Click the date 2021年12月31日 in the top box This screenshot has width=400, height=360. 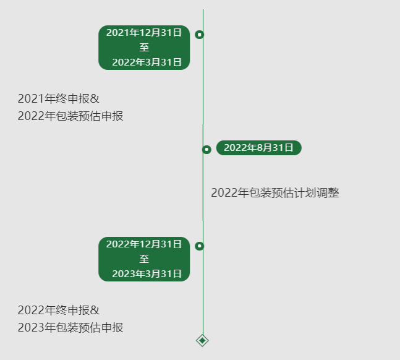pos(144,33)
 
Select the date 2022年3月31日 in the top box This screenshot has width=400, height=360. pos(147,62)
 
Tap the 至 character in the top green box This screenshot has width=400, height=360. pos(144,48)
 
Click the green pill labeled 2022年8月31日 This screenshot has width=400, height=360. pos(258,148)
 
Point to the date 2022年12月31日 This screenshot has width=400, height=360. pos(144,244)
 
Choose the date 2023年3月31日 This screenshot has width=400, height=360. pos(147,274)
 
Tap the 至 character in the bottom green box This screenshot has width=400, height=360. pos(144,259)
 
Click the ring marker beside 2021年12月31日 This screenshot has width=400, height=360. pos(200,35)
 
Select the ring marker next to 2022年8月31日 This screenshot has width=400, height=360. pos(206,149)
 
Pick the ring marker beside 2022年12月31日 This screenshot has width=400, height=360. pos(200,246)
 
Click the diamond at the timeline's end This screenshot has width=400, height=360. pos(202,340)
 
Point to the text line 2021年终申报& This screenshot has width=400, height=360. pos(58,99)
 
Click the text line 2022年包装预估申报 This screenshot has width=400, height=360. pos(70,116)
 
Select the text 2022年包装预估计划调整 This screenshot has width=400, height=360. pos(275,193)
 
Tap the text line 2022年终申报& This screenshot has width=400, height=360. pos(58,311)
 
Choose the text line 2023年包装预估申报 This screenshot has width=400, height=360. pos(70,327)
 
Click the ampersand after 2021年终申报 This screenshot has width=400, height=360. pos(95,99)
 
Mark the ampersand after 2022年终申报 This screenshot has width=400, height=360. pos(95,311)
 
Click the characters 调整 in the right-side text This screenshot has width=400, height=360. pos(328,193)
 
